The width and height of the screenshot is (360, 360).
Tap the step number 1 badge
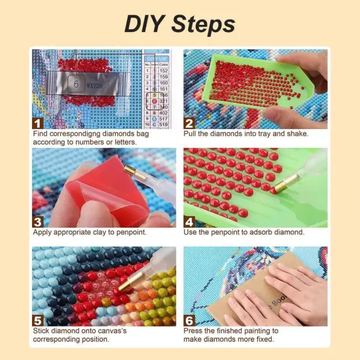pyautogui.click(x=39, y=122)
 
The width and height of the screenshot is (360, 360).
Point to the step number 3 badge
pyautogui.click(x=39, y=221)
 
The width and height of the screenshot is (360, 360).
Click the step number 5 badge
pyautogui.click(x=39, y=319)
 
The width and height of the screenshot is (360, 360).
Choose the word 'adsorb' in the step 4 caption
pyautogui.click(x=269, y=232)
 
